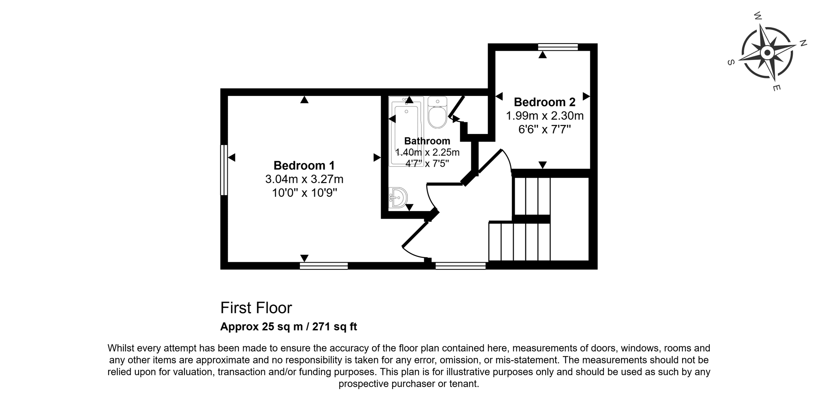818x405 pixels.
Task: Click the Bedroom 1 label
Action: (304, 166)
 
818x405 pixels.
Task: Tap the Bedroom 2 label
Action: (544, 102)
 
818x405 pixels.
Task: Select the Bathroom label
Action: (427, 141)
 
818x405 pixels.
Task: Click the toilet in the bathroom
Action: (437, 112)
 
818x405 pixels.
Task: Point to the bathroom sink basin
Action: (398, 198)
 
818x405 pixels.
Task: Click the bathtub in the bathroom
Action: (406, 131)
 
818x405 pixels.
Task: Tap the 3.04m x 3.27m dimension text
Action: (304, 179)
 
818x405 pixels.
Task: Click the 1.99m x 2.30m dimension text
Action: (545, 116)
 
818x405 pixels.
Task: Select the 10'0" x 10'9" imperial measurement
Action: (304, 193)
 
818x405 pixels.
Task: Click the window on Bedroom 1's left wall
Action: (224, 170)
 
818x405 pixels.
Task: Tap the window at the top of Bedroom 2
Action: (558, 47)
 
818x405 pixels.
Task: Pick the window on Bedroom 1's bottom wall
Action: (324, 266)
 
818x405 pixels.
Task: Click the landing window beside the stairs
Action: (461, 266)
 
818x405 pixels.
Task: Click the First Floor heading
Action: (256, 308)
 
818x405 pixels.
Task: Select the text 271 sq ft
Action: (334, 327)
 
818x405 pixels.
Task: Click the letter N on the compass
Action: (803, 43)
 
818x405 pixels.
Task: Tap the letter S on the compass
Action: (731, 62)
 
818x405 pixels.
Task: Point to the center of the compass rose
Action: (767, 52)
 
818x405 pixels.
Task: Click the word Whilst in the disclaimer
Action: (121, 348)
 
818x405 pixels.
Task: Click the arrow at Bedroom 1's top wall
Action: (304, 100)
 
